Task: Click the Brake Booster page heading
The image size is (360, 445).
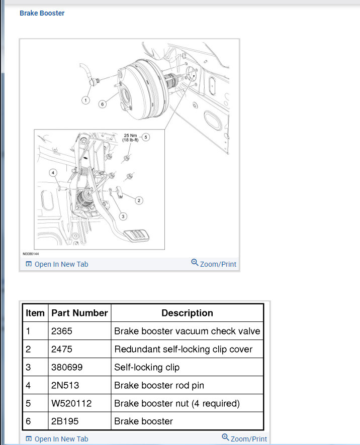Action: [x=42, y=13]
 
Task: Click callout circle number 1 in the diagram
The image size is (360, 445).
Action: [x=85, y=100]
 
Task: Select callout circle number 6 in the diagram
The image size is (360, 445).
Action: [x=102, y=104]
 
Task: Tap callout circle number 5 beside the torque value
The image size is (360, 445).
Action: [x=145, y=137]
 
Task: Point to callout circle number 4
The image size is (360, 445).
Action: [x=52, y=172]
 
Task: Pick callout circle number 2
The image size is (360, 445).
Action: [x=139, y=200]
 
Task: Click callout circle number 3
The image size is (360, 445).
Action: [x=122, y=216]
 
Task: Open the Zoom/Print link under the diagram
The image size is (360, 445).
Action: [x=214, y=264]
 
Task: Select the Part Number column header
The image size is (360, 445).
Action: [x=79, y=313]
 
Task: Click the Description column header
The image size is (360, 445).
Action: [x=187, y=313]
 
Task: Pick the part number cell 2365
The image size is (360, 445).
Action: [x=61, y=331]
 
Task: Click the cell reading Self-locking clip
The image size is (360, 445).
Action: [x=147, y=367]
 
